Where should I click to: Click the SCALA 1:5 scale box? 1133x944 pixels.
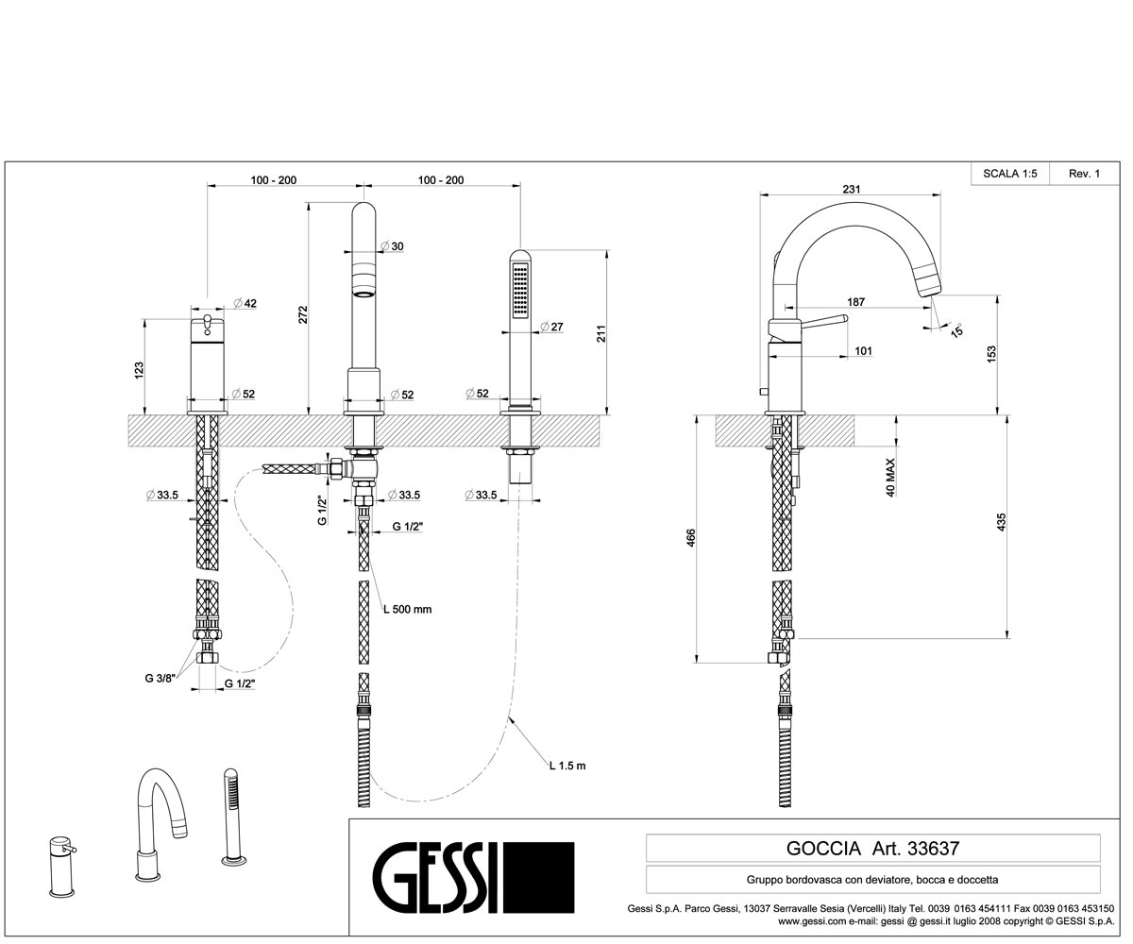pyautogui.click(x=1010, y=174)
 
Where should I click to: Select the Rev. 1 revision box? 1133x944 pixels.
pyautogui.click(x=1084, y=174)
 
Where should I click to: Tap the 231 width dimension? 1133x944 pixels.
pyautogui.click(x=852, y=189)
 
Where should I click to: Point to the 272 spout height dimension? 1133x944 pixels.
pyautogui.click(x=303, y=314)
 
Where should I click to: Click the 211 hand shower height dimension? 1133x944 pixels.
pyautogui.click(x=600, y=333)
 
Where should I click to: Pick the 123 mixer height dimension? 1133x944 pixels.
pyautogui.click(x=139, y=370)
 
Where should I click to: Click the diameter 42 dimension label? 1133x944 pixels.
pyautogui.click(x=245, y=303)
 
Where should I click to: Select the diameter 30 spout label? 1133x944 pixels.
pyautogui.click(x=393, y=246)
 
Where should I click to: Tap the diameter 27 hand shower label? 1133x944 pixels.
pyautogui.click(x=551, y=327)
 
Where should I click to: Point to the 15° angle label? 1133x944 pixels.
pyautogui.click(x=956, y=329)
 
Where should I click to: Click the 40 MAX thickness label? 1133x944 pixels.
pyautogui.click(x=890, y=478)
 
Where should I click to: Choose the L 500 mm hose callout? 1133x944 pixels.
pyautogui.click(x=408, y=609)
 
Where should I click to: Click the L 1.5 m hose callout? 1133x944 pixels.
pyautogui.click(x=567, y=766)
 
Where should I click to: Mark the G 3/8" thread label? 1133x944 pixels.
pyautogui.click(x=160, y=678)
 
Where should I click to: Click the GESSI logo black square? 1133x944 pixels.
pyautogui.click(x=539, y=877)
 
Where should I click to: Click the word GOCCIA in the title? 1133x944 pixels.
pyautogui.click(x=823, y=849)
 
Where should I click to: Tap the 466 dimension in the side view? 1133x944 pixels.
pyautogui.click(x=691, y=538)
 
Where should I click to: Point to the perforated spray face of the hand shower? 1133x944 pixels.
pyautogui.click(x=521, y=291)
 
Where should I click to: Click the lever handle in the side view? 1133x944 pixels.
pyautogui.click(x=823, y=323)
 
